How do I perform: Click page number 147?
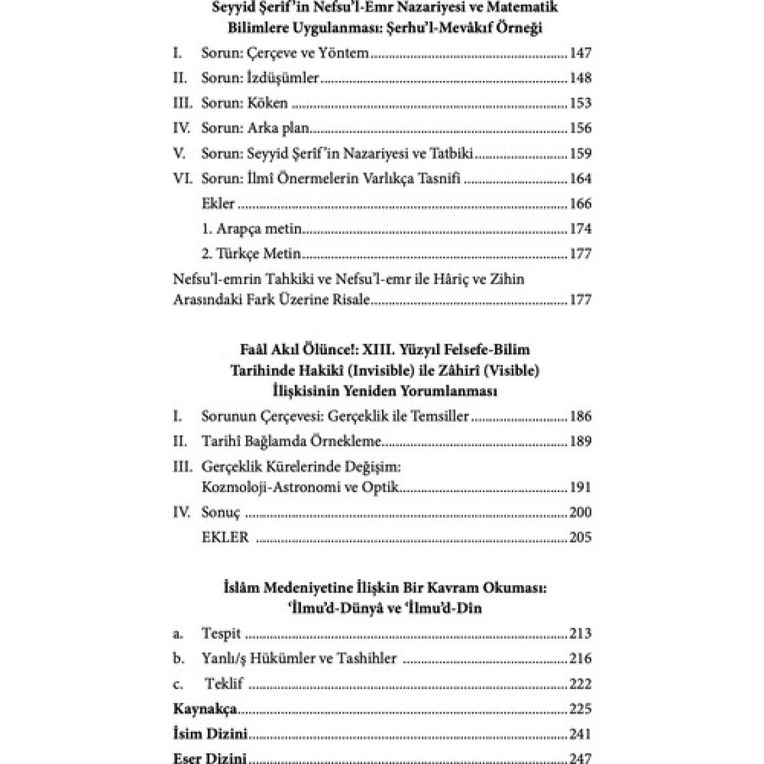point(580,53)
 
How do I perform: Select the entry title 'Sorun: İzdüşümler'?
point(260,78)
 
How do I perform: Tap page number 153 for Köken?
point(580,103)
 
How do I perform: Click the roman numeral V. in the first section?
point(179,153)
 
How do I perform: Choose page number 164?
point(580,179)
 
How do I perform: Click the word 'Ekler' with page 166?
point(218,204)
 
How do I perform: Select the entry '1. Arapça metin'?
point(252,229)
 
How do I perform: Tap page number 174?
point(580,229)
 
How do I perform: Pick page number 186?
point(580,416)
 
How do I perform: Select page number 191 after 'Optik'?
point(580,487)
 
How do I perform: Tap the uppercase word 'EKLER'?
point(225,537)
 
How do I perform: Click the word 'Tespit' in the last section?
point(221,633)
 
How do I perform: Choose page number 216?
point(580,659)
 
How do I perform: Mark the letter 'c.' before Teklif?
point(178,684)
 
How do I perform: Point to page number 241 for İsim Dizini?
point(580,734)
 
